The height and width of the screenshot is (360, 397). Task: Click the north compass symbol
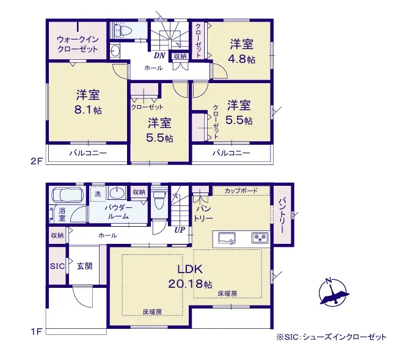[x=334, y=293]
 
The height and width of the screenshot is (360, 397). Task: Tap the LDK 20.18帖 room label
[x=190, y=277]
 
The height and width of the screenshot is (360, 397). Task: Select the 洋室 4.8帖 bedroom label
[x=242, y=52]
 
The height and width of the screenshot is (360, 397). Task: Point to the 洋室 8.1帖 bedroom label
[x=88, y=102]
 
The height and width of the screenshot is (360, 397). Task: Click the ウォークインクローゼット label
[x=78, y=44]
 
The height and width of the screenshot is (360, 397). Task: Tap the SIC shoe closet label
[x=57, y=266]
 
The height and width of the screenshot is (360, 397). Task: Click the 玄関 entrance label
[x=84, y=266]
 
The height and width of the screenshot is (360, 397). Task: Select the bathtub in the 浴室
[x=68, y=195]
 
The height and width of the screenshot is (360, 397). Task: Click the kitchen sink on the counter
[x=227, y=238]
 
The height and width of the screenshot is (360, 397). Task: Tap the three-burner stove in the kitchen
[x=260, y=238]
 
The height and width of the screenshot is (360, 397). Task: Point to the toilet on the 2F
[x=123, y=31]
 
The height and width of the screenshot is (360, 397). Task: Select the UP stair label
[x=180, y=230]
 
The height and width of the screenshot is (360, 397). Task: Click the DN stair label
[x=159, y=56]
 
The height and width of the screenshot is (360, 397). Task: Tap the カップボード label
[x=241, y=191]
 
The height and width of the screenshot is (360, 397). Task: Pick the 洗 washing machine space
[x=98, y=194]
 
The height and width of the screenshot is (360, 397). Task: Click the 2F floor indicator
[x=36, y=161]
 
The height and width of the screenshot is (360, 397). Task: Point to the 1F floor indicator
[x=36, y=332]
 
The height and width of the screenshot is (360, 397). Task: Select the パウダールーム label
[x=118, y=212]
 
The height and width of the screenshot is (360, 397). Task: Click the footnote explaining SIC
[x=332, y=337]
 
